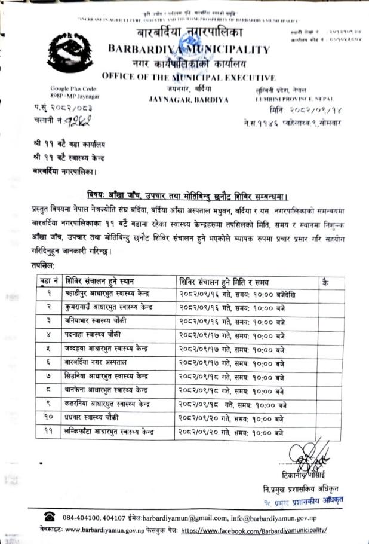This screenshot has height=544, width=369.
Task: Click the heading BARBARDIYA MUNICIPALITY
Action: pos(189,50)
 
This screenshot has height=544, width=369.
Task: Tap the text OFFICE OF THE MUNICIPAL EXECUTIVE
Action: pos(188,77)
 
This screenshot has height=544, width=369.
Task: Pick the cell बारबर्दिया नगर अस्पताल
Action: pos(95,363)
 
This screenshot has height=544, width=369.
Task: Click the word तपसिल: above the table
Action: pos(44,264)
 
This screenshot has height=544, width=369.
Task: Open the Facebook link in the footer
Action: pos(253,530)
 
